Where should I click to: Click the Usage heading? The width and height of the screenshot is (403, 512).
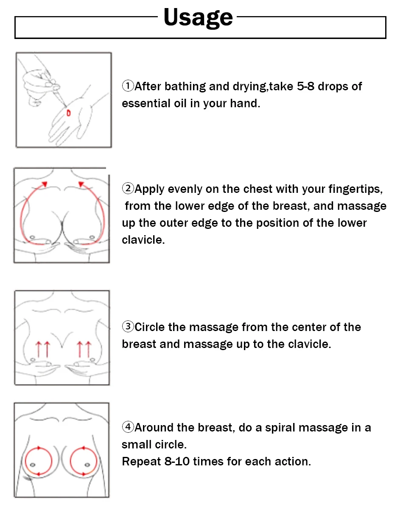click(x=198, y=17)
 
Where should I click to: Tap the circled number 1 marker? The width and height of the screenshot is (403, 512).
click(x=128, y=86)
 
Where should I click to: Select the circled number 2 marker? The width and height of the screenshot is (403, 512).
click(x=128, y=189)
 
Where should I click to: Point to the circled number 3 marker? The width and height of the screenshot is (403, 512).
click(x=128, y=327)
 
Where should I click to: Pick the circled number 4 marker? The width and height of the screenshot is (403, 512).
click(x=128, y=427)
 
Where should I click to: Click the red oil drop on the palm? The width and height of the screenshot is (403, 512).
click(x=69, y=113)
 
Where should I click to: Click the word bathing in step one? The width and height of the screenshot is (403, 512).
click(x=185, y=86)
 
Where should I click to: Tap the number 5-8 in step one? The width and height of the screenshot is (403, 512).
click(x=305, y=86)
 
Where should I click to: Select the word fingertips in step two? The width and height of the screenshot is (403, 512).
click(x=355, y=189)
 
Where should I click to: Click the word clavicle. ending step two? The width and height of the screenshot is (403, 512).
click(x=143, y=240)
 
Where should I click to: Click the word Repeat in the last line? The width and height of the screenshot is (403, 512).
click(x=141, y=462)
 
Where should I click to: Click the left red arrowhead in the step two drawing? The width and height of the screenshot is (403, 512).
click(x=45, y=184)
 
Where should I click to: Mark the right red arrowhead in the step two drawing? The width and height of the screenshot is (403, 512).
click(x=81, y=184)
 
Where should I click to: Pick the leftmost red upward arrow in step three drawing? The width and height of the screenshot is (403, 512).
click(x=38, y=349)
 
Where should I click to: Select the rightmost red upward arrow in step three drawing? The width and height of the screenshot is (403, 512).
click(x=88, y=349)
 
